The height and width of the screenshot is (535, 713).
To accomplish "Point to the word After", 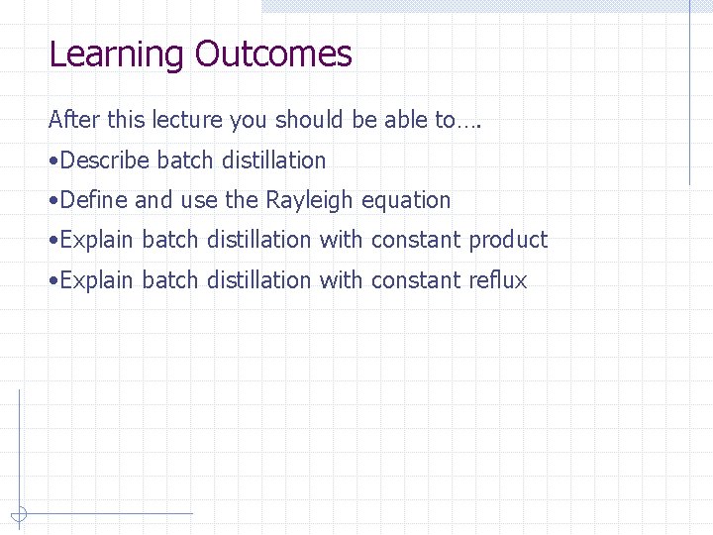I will pyautogui.click(x=68, y=121).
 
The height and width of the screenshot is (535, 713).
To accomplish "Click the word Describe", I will pyautogui.click(x=104, y=160).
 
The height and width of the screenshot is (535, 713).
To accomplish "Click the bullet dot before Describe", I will pyautogui.click(x=52, y=161).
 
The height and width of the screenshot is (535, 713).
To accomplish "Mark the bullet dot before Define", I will pyautogui.click(x=52, y=201).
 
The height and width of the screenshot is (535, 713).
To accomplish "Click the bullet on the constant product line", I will pyautogui.click(x=52, y=241).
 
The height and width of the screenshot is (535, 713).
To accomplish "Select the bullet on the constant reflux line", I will pyautogui.click(x=52, y=280).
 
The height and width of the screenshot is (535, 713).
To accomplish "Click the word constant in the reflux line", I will pyautogui.click(x=416, y=280).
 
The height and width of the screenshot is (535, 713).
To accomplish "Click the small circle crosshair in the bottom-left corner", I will pyautogui.click(x=19, y=514).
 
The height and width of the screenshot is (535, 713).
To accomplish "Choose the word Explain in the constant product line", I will pyautogui.click(x=96, y=241).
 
